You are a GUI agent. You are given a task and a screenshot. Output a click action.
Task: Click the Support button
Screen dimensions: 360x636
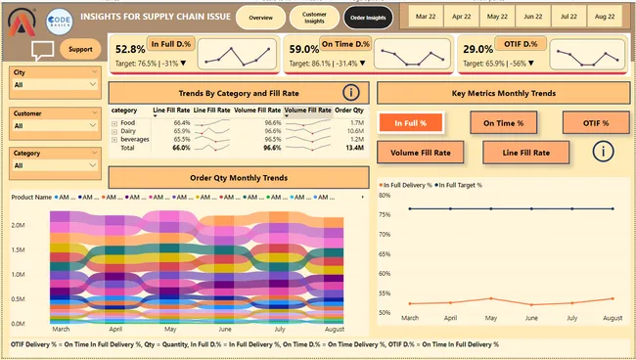80,50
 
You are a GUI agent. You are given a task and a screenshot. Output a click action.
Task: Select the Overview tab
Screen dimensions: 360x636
261,18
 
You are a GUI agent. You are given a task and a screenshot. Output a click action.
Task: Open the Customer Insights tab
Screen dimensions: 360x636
314,18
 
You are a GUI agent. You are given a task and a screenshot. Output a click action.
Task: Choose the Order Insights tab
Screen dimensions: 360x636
368,18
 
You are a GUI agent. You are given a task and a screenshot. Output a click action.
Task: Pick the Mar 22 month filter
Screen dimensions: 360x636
427,18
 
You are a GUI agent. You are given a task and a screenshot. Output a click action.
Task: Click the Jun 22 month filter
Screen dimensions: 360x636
533,18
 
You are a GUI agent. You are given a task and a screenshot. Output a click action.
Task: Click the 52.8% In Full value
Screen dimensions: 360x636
130,49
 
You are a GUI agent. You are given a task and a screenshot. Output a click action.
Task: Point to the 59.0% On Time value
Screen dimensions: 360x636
305,49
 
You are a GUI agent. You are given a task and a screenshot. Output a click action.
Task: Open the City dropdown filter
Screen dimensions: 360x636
55,85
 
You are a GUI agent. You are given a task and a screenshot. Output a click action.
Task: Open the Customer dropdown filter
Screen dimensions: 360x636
55,126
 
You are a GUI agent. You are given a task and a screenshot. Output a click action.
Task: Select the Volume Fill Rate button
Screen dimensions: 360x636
421,153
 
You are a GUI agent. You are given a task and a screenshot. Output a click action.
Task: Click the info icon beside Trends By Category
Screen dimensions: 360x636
351,93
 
